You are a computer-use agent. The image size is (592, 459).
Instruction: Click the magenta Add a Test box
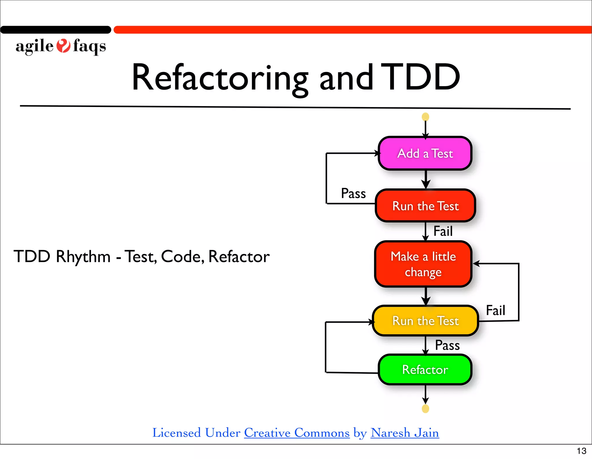[425, 153]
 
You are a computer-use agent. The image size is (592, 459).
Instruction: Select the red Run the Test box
[425, 206]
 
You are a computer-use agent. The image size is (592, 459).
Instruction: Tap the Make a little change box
[423, 264]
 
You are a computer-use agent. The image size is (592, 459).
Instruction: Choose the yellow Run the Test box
[425, 321]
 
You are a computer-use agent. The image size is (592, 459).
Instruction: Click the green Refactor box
[425, 370]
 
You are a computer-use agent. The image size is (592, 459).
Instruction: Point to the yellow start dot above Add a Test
[425, 117]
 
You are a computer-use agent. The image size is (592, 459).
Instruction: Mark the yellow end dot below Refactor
[425, 409]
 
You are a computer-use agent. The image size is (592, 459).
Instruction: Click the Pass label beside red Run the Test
[353, 193]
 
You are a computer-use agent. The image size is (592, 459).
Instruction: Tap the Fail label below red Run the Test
[443, 231]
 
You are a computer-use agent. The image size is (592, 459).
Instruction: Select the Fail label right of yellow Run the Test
[495, 310]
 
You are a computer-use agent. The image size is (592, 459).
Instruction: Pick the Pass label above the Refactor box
[447, 345]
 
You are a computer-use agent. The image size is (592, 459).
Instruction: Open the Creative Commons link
[297, 433]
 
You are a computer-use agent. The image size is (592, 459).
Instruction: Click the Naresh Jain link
[405, 433]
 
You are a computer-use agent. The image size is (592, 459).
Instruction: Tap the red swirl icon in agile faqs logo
[63, 46]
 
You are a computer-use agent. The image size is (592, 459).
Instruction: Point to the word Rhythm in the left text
[83, 257]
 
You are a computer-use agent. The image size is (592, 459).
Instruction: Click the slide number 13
[581, 451]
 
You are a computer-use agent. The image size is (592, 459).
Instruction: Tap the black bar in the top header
[55, 30]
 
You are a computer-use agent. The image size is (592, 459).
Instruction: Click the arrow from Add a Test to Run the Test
[425, 179]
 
